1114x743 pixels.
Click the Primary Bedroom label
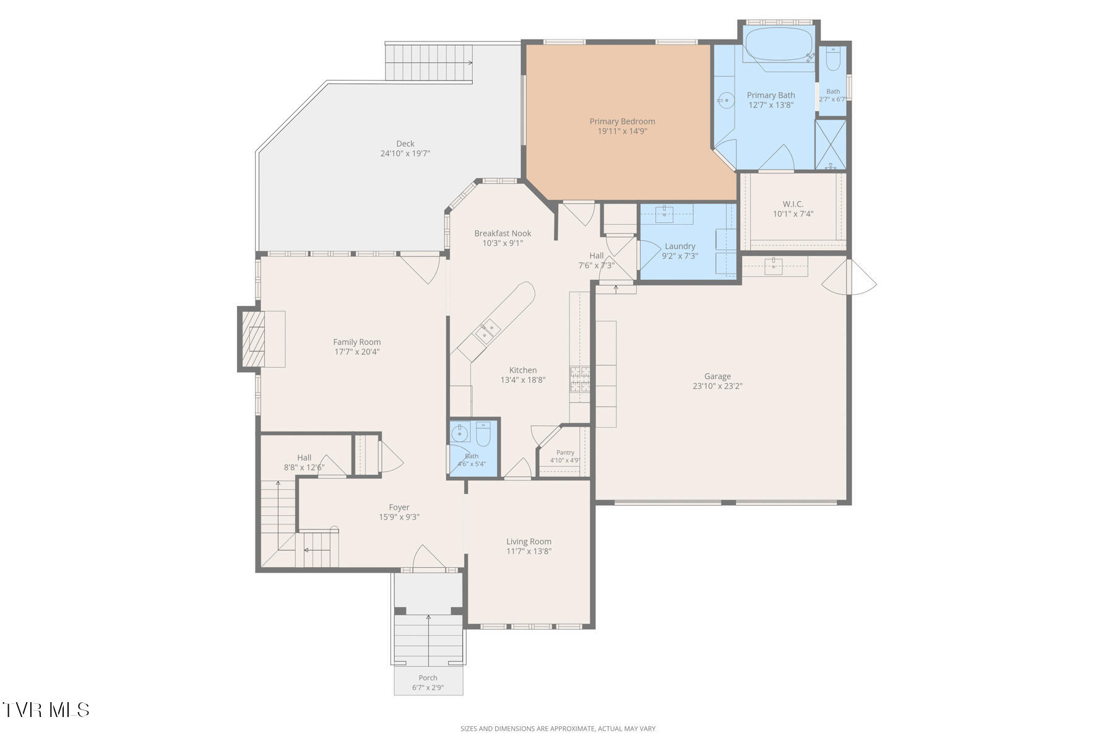tap(622, 121)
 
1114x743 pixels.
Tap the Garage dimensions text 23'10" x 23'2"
tap(717, 386)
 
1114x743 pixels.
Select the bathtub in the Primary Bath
tap(779, 43)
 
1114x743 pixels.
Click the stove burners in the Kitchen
tap(580, 379)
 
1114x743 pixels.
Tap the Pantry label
tap(565, 453)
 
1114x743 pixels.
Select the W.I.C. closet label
tap(793, 204)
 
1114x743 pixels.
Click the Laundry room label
tap(680, 246)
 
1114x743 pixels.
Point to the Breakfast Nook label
tap(503, 233)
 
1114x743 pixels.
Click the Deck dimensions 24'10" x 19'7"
tap(405, 154)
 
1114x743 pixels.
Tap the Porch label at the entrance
tap(428, 678)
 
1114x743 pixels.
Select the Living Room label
tap(529, 542)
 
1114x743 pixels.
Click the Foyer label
tap(399, 508)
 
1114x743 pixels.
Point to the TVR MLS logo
tap(46, 710)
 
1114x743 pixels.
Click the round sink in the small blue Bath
tap(460, 433)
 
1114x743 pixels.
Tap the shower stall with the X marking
tap(831, 145)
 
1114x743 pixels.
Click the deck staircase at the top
tap(429, 63)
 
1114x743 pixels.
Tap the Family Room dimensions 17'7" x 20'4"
tap(357, 352)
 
